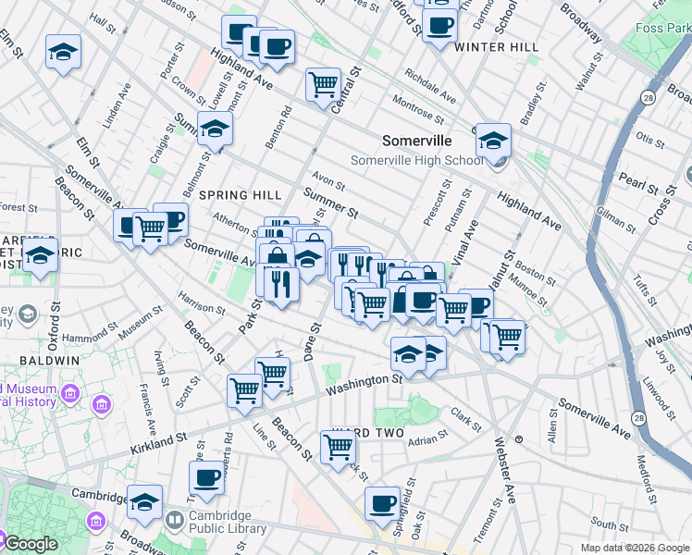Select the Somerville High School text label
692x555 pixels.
tap(416, 160)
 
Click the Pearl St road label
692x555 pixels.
tap(637, 179)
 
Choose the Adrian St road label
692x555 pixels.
tap(427, 439)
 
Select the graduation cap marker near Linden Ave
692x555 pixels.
tap(64, 52)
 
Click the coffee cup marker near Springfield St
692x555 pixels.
tap(381, 504)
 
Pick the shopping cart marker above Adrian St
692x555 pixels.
tap(339, 447)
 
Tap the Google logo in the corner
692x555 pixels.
tap(30, 544)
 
